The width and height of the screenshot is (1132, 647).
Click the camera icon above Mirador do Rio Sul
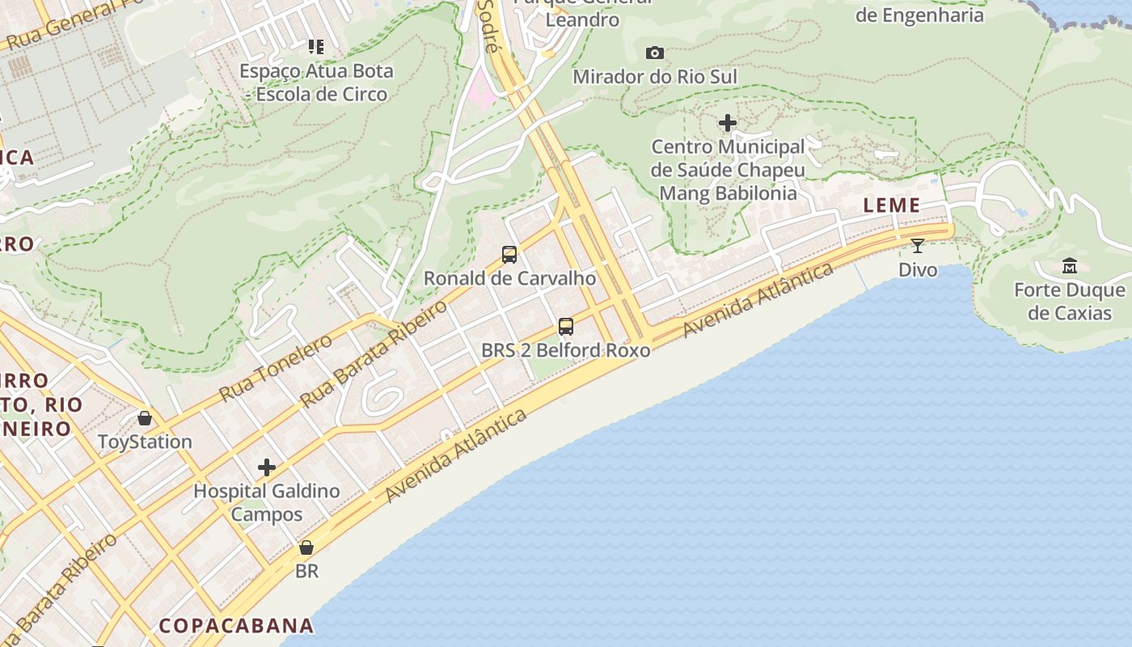655,53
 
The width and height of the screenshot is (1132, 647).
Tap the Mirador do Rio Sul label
655,77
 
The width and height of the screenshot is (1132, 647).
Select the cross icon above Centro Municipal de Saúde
728,123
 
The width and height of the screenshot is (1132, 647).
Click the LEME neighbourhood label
892,205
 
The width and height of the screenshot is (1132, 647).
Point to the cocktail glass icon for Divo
918,246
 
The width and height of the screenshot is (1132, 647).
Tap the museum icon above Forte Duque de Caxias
1070,266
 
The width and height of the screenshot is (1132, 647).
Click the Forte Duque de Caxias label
1070,301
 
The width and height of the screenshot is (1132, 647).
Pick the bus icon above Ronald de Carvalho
509,255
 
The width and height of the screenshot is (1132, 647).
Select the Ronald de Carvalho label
509,278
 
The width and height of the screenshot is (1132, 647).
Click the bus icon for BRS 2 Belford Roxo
566,327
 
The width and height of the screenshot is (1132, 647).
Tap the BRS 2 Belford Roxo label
566,350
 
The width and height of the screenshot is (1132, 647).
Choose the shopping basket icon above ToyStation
145,418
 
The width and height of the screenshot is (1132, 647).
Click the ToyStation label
145,442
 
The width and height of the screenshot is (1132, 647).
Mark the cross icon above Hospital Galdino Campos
267,467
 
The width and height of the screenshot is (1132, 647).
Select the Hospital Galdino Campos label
267,502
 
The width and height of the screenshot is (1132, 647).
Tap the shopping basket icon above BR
306,548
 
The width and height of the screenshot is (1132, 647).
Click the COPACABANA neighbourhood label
236,625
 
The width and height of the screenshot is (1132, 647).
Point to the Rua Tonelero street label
276,368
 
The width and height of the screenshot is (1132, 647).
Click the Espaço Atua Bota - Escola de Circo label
317,82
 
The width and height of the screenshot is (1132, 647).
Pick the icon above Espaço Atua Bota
315,47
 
